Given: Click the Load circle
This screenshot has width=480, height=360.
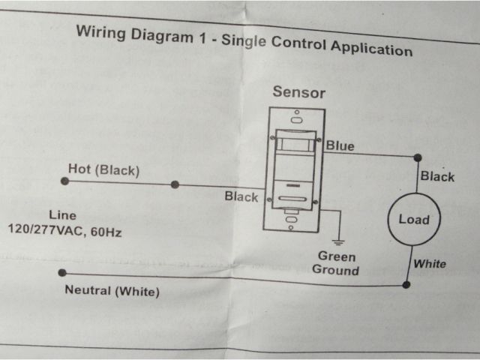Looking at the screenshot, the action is [413, 220].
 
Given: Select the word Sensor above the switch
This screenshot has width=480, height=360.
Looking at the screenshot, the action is [299, 92].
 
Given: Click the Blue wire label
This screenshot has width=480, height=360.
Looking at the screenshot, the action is [340, 145].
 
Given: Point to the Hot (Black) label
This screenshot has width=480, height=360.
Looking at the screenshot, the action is [103, 170].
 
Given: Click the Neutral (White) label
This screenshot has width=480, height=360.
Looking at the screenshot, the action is [112, 292].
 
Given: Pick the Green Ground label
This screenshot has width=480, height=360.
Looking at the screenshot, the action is [336, 263].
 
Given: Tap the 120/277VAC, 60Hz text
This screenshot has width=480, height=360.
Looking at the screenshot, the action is [64, 232].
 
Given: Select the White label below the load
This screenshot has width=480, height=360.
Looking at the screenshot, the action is [430, 264].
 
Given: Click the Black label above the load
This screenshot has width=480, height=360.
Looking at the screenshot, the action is [437, 177].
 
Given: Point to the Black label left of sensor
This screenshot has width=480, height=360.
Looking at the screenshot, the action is [241, 197].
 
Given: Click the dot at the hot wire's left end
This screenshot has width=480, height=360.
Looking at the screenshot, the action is [64, 181].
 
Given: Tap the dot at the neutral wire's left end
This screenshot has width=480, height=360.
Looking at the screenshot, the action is [62, 273].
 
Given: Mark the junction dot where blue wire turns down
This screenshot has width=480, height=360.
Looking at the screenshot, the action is [418, 157].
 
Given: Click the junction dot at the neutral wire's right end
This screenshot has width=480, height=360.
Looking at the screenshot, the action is [406, 285].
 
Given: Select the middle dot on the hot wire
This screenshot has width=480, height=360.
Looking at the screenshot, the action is [175, 184].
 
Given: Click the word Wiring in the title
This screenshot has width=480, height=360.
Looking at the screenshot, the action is [101, 33].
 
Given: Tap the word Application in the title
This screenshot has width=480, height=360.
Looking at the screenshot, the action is [370, 49].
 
